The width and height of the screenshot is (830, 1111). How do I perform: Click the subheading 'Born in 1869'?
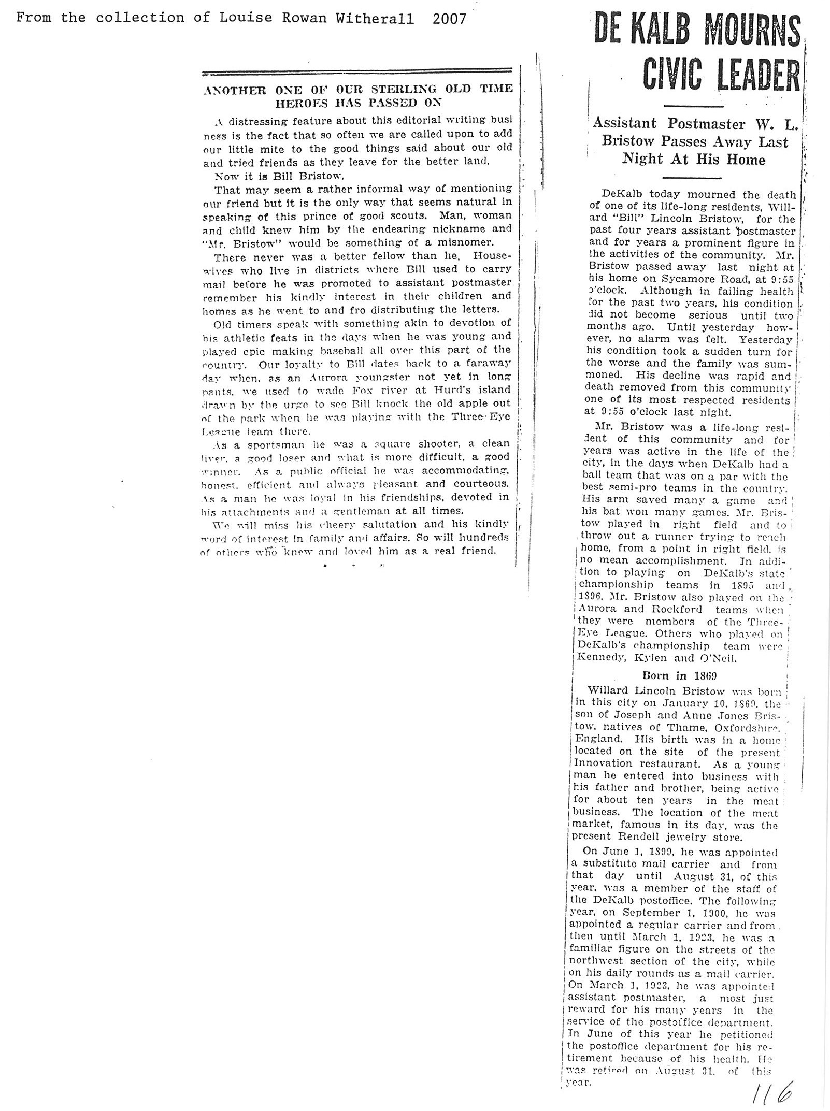679,675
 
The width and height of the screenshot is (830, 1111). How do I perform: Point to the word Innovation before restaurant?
602,763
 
